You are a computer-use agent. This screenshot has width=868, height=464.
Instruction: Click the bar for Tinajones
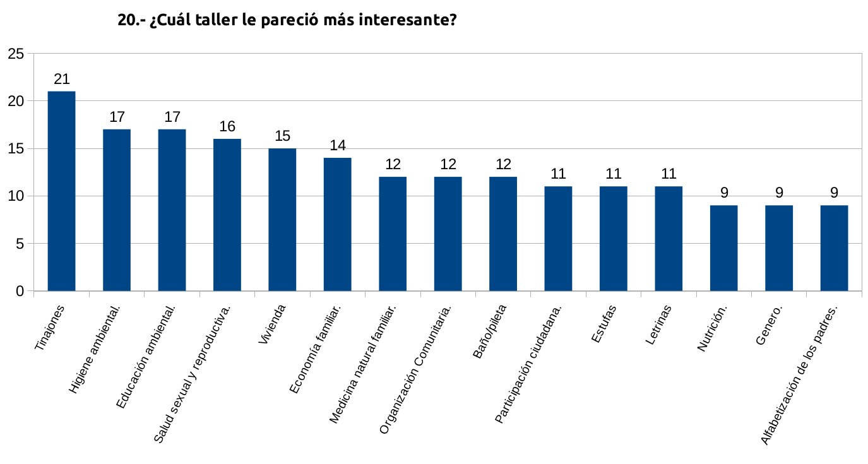pos(61,191)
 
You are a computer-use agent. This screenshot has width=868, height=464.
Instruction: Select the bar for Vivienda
pos(282,219)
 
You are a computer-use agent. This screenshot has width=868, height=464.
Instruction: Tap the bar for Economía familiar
pos(337,224)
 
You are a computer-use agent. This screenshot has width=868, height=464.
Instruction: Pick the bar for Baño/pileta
pos(503,234)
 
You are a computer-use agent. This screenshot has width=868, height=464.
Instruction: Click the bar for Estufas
pos(614,238)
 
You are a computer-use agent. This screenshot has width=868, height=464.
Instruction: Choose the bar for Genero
pos(779,247)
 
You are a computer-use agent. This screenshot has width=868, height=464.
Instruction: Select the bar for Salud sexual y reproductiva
pos(227,215)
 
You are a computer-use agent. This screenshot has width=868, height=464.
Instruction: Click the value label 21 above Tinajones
pos(62,79)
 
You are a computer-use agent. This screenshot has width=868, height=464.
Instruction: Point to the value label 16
pos(227,126)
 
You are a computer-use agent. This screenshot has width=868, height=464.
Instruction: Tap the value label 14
pos(338,145)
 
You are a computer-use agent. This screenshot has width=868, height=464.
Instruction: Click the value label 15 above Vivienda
pos(282,136)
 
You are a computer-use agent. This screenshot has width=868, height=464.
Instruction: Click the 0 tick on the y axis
pos(20,291)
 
